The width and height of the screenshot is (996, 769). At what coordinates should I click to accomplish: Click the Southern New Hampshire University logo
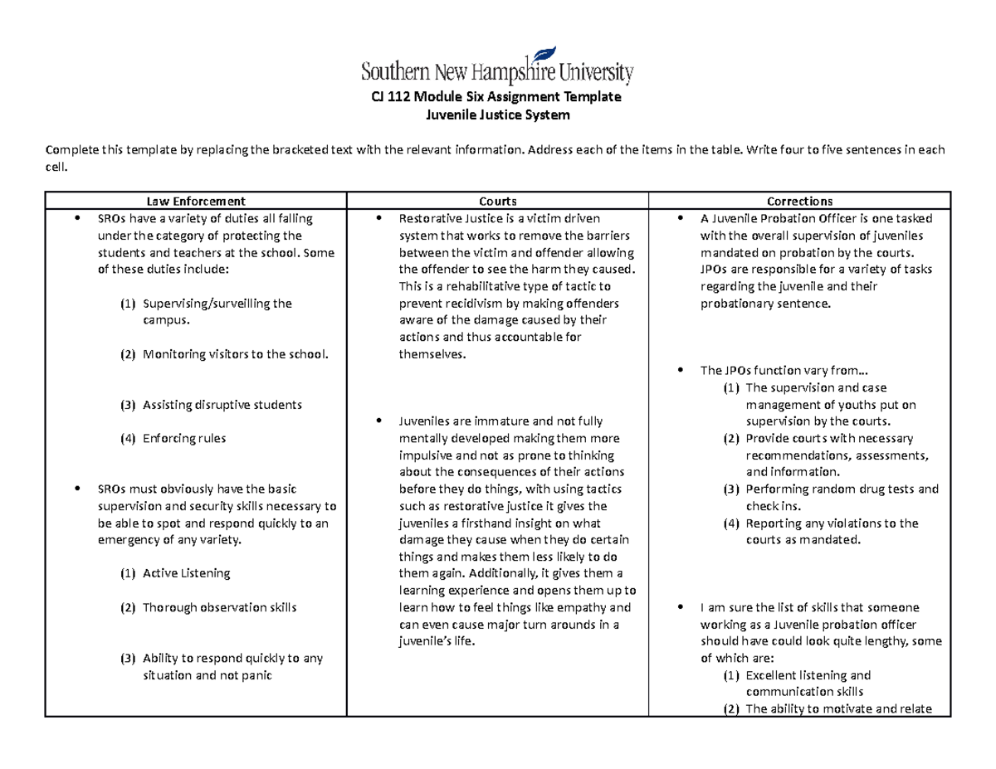point(497,66)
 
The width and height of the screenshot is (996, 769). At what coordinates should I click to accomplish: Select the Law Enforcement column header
point(196,201)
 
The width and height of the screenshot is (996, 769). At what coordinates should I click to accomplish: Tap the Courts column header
point(498,201)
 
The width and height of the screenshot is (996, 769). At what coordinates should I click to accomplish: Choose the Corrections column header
point(799,201)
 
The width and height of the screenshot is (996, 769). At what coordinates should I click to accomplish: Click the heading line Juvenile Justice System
point(497,115)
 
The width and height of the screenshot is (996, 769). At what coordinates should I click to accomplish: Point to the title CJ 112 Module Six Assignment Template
point(497,97)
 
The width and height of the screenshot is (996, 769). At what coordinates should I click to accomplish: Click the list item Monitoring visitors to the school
point(235,354)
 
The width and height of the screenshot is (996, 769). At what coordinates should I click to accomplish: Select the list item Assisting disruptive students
point(222,405)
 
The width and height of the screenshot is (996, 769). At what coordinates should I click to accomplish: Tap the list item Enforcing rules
point(183,438)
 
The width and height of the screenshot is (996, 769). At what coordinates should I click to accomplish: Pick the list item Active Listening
point(186,573)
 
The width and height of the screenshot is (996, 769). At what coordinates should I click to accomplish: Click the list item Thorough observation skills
point(219,607)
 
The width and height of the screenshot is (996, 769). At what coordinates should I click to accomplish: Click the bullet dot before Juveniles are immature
point(378,421)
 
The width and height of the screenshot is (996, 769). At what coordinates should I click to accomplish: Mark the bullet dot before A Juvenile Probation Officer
point(681,219)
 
